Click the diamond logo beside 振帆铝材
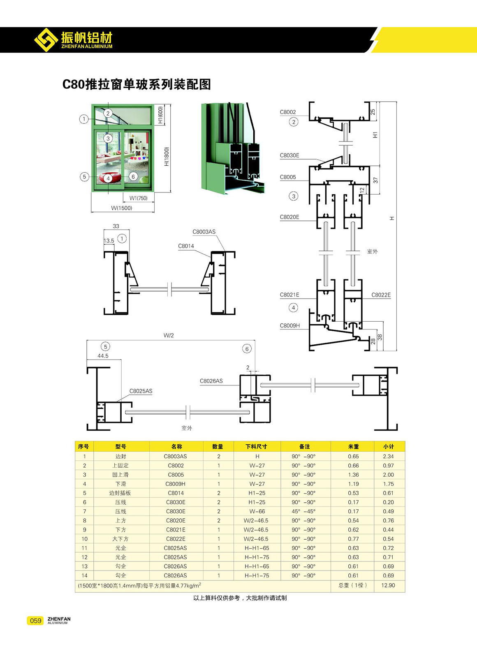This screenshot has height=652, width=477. pos(46,40)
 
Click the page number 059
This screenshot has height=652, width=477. pos(35,620)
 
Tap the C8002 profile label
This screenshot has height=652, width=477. pos(287,112)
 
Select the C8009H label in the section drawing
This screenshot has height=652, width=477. pos(289,325)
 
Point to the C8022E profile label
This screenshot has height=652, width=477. pos(381,295)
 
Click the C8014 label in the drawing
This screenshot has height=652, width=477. pos(186,246)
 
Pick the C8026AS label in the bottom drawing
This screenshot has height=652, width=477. pos(211,381)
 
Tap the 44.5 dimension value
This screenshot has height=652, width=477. pos(103,356)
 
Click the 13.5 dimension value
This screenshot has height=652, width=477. pos(109,241)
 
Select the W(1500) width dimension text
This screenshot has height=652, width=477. pos(122,208)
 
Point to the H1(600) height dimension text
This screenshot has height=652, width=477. pos(160,115)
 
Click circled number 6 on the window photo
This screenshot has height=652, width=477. pos(133,176)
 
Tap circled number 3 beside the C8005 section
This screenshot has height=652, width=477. pos(293,196)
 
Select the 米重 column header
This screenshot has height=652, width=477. pos(353,446)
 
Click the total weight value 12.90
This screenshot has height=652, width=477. pos(388,585)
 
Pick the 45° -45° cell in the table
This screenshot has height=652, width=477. pos(303,511)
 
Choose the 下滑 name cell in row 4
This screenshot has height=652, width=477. pos(120,484)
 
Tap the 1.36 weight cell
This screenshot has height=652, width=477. pos(353,474)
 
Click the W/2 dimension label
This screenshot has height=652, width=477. pos(169,335)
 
